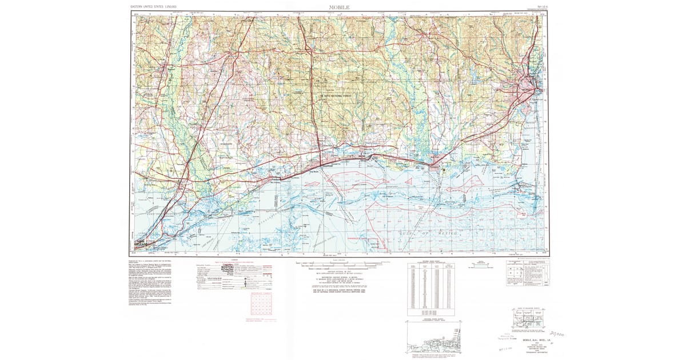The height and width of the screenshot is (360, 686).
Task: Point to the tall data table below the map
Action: click(x=429, y=289)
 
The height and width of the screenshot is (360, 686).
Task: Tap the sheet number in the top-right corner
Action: click(x=538, y=7)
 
